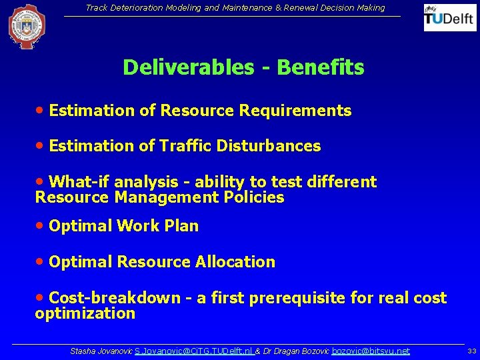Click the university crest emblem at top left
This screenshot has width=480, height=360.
(x=27, y=27)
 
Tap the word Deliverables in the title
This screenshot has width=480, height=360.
(x=189, y=67)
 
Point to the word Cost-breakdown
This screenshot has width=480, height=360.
(x=115, y=298)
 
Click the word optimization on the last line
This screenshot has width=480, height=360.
(x=85, y=313)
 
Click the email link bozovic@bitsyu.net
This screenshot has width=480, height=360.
(x=371, y=351)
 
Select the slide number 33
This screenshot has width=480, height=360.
(x=471, y=351)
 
